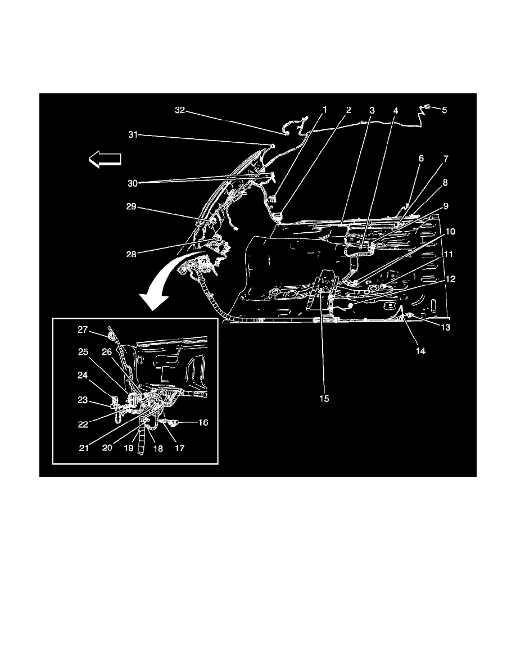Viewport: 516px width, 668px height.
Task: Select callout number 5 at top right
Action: (x=444, y=111)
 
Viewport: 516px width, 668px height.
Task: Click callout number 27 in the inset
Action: (x=83, y=331)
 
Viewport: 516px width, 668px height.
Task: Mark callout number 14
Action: (x=420, y=351)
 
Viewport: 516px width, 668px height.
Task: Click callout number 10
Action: (x=451, y=231)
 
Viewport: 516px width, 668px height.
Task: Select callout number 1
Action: (x=324, y=111)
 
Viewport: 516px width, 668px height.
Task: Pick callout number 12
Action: (x=451, y=278)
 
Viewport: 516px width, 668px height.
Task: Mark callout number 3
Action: (x=372, y=111)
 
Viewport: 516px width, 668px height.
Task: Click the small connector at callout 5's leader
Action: (x=428, y=106)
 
